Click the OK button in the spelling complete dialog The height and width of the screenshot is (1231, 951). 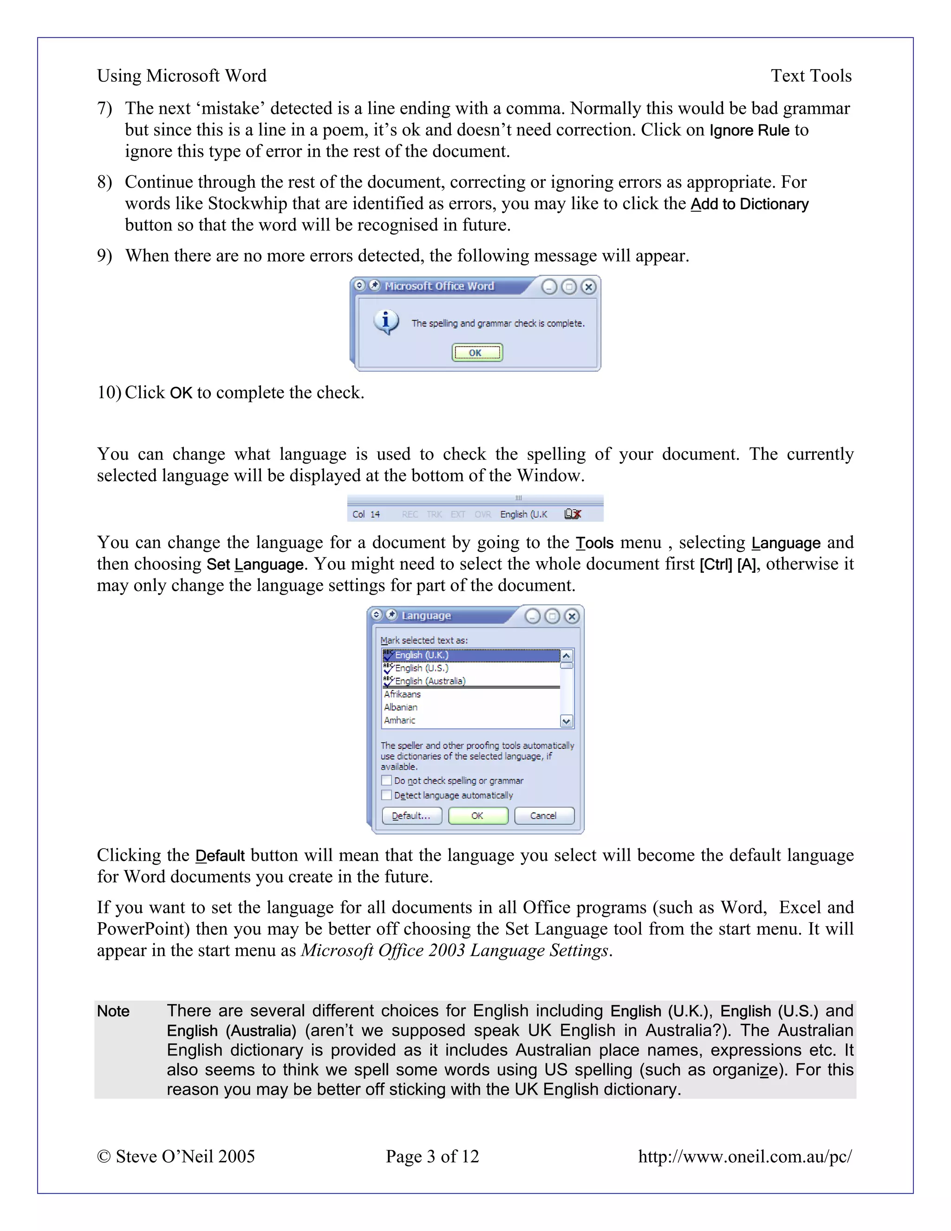pyautogui.click(x=476, y=353)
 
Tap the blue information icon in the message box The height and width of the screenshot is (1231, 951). pyautogui.click(x=386, y=322)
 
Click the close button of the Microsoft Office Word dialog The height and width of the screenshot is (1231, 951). pyautogui.click(x=589, y=287)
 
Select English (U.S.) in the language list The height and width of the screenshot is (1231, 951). pyautogui.click(x=422, y=668)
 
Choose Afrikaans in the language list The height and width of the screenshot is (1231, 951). pyautogui.click(x=402, y=694)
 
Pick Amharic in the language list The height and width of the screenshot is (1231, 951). pyautogui.click(x=399, y=720)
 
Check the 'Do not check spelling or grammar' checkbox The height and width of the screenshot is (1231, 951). pyautogui.click(x=386, y=781)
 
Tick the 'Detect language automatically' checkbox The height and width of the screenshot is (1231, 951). pyautogui.click(x=386, y=795)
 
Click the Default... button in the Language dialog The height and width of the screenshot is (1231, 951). pyautogui.click(x=411, y=816)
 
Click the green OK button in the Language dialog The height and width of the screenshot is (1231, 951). pyautogui.click(x=478, y=816)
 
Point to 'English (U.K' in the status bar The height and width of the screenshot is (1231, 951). pyautogui.click(x=523, y=514)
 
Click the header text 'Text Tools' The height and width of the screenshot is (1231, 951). pyautogui.click(x=811, y=76)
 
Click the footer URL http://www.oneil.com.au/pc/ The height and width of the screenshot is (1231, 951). pyautogui.click(x=744, y=1156)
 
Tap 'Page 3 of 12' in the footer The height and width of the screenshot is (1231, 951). pyautogui.click(x=432, y=1156)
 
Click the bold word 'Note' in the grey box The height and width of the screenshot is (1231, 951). pyautogui.click(x=113, y=1011)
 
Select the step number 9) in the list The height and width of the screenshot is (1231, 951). pyautogui.click(x=105, y=256)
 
